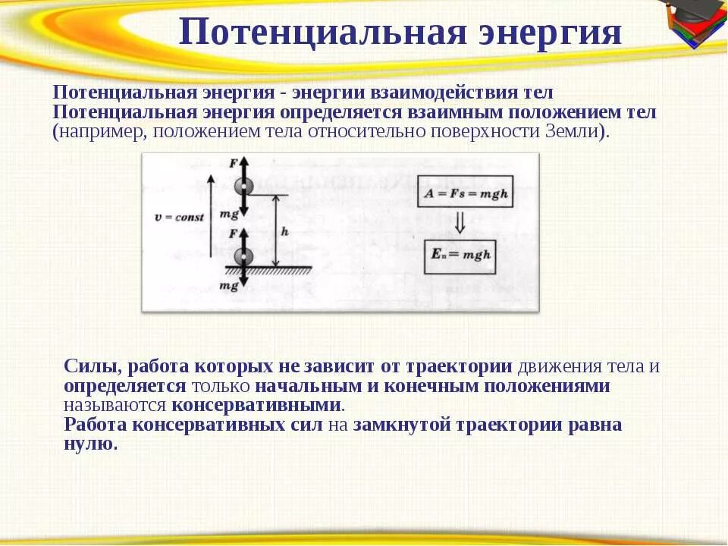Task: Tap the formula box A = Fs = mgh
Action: tap(464, 195)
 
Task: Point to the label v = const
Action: tap(179, 217)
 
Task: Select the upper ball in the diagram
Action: tap(243, 186)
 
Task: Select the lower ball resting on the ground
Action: tap(243, 257)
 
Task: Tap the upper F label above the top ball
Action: tap(233, 163)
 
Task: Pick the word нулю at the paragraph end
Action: tap(90, 444)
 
